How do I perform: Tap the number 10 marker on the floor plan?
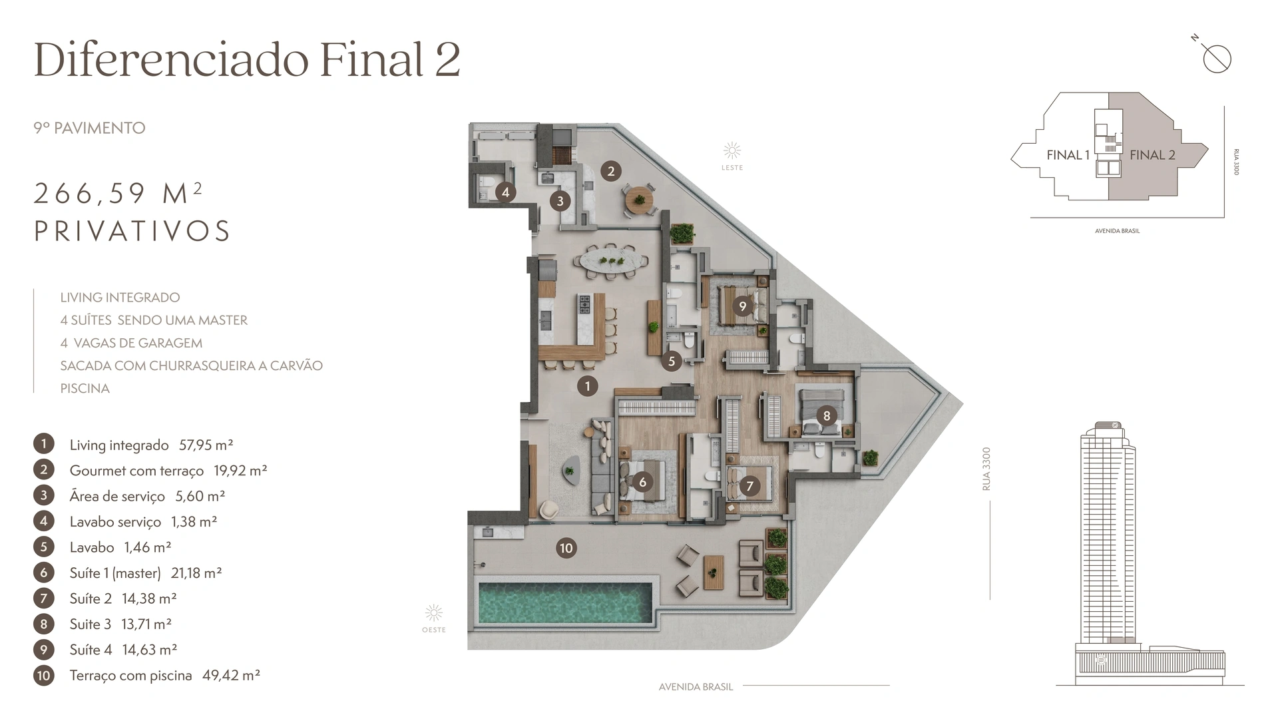tap(566, 548)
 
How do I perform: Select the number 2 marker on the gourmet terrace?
tap(610, 171)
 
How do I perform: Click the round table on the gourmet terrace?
tap(639, 198)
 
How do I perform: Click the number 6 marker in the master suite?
tap(642, 482)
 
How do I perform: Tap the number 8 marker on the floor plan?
tap(827, 416)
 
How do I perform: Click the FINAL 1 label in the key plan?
tap(1068, 155)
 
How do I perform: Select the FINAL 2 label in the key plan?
tap(1152, 155)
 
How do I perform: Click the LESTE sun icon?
tap(732, 150)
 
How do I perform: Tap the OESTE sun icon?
tap(434, 612)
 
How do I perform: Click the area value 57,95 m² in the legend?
tap(206, 445)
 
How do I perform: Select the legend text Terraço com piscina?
tap(130, 676)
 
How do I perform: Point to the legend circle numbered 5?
tap(44, 547)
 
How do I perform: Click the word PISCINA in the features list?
tap(85, 388)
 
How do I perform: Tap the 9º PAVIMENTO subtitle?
tap(89, 128)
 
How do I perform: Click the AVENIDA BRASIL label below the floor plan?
tap(696, 687)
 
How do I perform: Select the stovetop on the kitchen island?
tap(584, 304)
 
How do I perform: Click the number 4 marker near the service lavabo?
tap(505, 192)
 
